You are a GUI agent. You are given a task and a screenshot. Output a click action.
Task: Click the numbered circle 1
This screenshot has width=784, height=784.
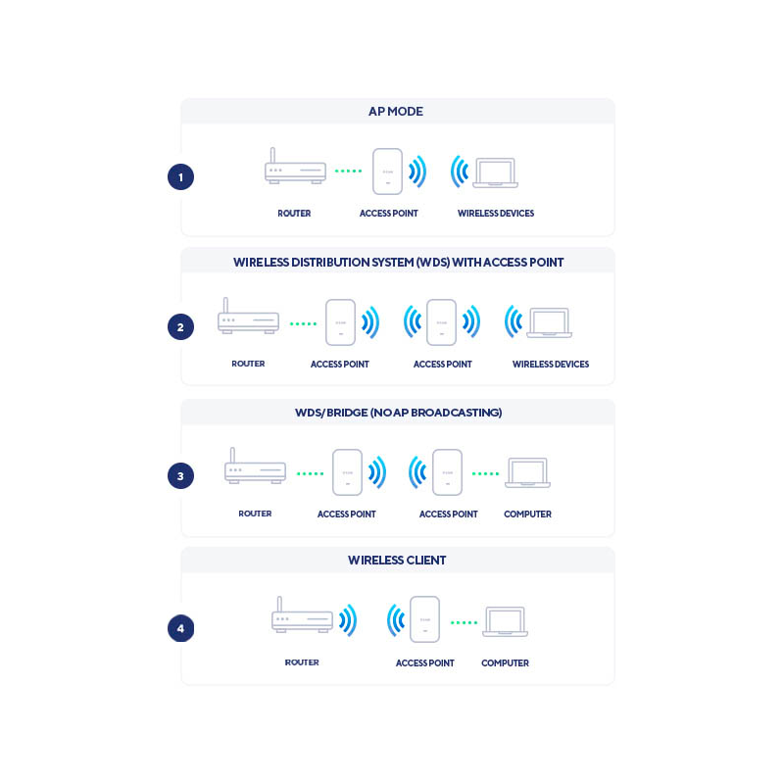point(180,177)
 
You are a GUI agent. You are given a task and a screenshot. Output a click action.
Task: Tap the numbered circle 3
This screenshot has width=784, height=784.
point(180,476)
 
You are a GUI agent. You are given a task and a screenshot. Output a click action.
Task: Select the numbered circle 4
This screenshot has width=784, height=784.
point(180,628)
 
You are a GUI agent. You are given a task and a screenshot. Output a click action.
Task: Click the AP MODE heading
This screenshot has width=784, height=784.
point(396,112)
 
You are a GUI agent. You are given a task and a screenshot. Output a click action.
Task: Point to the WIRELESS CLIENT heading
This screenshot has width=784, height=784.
point(397,561)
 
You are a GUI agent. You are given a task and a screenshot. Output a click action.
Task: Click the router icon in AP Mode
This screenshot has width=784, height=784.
point(295,169)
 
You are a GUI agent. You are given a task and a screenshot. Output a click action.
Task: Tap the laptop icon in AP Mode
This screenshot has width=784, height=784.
point(495,172)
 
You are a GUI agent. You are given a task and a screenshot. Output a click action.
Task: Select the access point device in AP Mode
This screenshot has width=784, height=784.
point(388,171)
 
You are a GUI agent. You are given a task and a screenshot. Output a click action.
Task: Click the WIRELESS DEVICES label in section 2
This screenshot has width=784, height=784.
point(551,365)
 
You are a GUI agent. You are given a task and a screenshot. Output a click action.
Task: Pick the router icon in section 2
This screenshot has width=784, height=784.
point(248,318)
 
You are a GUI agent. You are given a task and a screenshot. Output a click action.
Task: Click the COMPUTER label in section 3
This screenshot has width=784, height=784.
point(527,514)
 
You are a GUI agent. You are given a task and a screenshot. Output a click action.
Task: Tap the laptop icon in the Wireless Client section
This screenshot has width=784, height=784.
point(505,621)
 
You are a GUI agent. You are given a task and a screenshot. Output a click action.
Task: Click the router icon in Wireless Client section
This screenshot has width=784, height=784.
point(302,616)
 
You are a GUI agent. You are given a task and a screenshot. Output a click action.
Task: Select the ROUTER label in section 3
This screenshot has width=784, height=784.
point(255,514)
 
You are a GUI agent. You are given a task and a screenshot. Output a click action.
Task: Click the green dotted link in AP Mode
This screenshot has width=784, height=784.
point(348,171)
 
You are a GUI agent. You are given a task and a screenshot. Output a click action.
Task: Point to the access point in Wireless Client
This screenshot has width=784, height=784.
point(424,619)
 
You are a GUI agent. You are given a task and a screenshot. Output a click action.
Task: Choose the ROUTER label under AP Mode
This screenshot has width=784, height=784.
point(294,214)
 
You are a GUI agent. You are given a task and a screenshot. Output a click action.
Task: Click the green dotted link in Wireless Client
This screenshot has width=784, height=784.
point(464,622)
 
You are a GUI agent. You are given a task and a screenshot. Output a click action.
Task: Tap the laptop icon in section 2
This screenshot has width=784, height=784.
point(549,322)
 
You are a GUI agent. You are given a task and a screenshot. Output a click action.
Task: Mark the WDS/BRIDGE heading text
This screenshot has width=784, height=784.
point(398,413)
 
